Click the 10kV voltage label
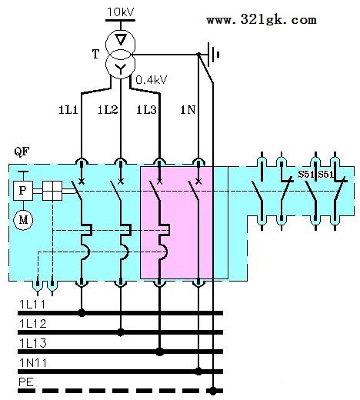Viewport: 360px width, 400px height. coord(121,12)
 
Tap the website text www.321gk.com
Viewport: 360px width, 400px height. coord(262,20)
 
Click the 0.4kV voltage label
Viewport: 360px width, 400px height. coord(152,80)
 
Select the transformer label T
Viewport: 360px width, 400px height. coord(95,54)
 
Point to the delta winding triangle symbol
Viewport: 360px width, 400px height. coord(121,39)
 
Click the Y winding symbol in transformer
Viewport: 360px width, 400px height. coord(120,68)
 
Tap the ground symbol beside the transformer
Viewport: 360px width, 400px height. coord(214,55)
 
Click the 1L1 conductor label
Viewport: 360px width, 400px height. coord(68,110)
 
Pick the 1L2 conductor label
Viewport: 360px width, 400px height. coord(108,110)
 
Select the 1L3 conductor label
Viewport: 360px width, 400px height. coord(146,110)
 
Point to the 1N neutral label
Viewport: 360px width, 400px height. coord(188,110)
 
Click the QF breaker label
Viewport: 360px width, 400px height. coord(22,152)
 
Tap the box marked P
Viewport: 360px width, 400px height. coord(23,191)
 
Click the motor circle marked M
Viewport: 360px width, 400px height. coord(23,220)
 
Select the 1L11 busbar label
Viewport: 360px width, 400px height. coord(32,305)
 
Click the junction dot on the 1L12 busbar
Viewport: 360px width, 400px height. coord(121,332)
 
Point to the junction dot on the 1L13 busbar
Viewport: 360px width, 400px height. coord(160,352)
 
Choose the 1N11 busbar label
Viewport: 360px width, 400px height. coord(33,363)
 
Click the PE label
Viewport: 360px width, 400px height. coord(26,382)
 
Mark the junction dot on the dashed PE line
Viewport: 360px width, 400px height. coord(213,391)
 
